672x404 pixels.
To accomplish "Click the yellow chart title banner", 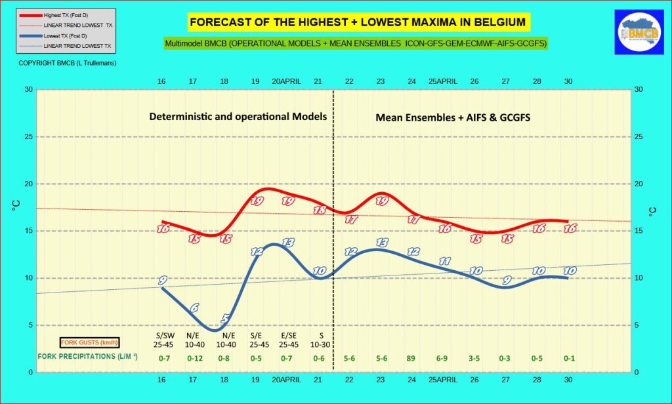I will (358, 22).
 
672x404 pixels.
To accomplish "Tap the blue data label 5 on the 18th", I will (225, 319).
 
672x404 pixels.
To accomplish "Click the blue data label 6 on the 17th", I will (194, 308).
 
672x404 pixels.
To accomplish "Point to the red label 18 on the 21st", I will (320, 211).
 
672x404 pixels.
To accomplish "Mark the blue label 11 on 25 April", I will (444, 261).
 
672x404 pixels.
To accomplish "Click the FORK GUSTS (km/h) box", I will (89, 342).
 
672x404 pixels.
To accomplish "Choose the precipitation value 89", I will (411, 358).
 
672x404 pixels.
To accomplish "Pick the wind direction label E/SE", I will (287, 335).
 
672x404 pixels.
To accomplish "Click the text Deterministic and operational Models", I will (238, 116).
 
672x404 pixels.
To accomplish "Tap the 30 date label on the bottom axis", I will (568, 380).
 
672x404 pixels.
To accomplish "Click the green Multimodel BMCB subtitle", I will (356, 43).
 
